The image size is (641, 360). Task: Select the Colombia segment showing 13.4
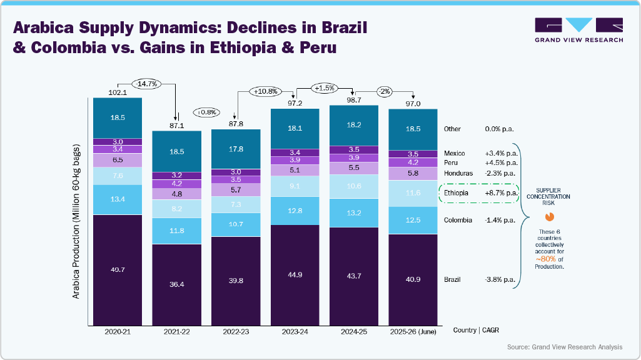(x=118, y=199)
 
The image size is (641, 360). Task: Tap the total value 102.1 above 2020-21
(x=118, y=92)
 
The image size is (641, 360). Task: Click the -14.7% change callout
(x=148, y=82)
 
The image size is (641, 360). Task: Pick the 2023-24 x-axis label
(x=295, y=331)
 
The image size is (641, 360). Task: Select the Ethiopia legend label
(x=456, y=193)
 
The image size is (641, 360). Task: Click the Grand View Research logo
(x=578, y=30)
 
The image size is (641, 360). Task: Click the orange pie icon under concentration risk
(x=550, y=217)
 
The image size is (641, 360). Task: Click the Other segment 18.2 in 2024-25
(x=355, y=125)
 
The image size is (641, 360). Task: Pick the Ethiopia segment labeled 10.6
(x=355, y=186)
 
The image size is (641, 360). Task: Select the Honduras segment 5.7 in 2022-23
(x=236, y=189)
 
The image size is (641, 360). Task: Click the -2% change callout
(x=384, y=92)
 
